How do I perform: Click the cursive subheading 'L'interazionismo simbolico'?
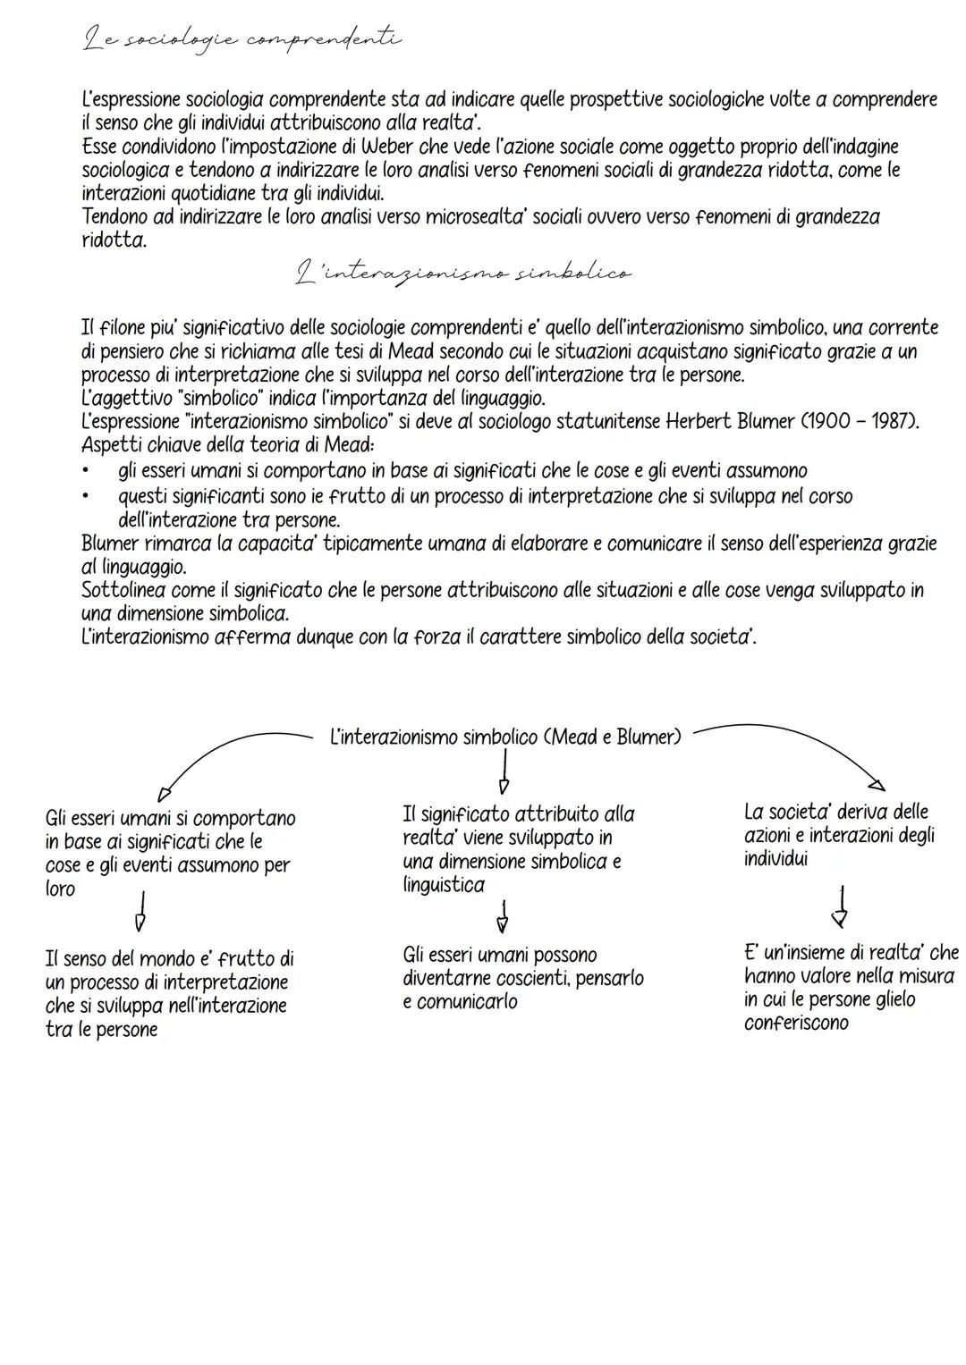(462, 273)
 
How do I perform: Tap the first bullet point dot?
(86, 471)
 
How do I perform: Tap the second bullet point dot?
(86, 496)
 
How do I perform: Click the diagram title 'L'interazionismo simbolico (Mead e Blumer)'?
(505, 737)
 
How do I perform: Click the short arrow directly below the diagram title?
(504, 771)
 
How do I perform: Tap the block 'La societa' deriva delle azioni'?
(839, 835)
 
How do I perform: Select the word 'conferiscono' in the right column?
(796, 1024)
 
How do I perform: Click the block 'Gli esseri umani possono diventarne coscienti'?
(522, 978)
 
